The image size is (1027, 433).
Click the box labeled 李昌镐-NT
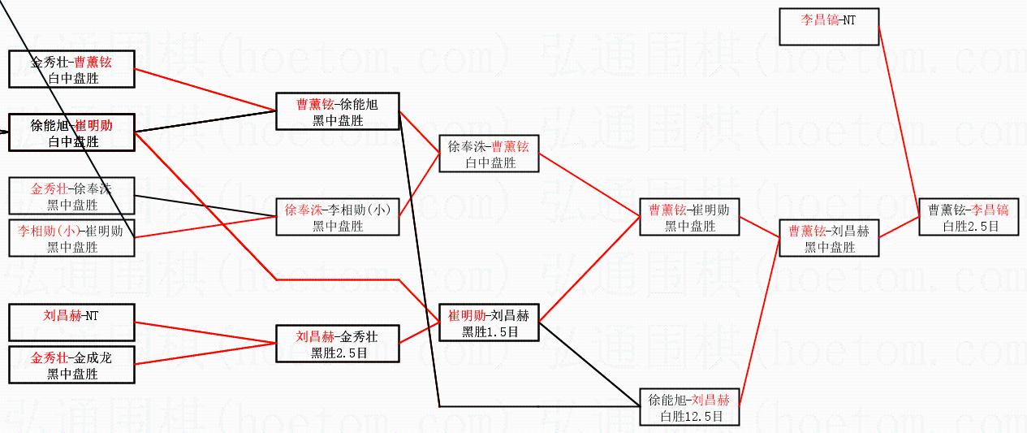pos(828,26)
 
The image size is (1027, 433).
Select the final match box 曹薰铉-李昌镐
pos(969,217)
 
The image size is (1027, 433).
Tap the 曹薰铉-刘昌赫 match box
pos(829,238)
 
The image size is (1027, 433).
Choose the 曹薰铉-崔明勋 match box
pos(689,217)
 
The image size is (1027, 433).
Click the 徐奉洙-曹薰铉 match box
pos(489,154)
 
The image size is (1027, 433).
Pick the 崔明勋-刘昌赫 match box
pos(489,323)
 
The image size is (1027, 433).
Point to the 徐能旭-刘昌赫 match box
pos(689,407)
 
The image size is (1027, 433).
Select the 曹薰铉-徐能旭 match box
pos(337,111)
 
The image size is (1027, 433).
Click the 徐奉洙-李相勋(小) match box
pos(337,217)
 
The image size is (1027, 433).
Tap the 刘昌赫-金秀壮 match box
pos(337,344)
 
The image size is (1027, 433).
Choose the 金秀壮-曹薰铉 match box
pos(71,69)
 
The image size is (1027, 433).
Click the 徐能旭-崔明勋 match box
pos(71,132)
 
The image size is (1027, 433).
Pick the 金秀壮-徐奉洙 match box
pos(71,196)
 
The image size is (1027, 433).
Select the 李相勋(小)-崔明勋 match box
pos(71,238)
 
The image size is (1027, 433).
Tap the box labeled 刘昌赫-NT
pos(71,323)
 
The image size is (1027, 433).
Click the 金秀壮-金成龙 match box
pos(71,365)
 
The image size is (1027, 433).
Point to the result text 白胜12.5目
pos(689,416)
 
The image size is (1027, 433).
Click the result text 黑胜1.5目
pos(489,331)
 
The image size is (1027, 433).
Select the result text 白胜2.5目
pos(969,227)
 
